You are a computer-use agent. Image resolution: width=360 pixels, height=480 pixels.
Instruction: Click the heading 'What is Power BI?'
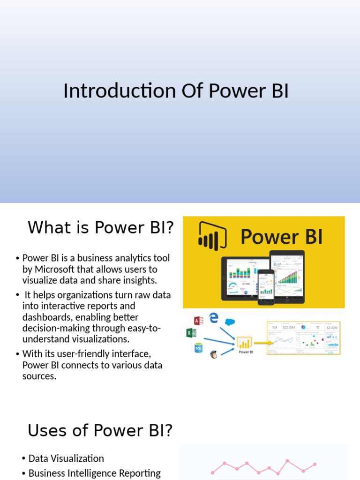click(x=100, y=228)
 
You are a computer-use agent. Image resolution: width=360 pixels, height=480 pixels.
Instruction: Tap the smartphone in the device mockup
click(x=266, y=286)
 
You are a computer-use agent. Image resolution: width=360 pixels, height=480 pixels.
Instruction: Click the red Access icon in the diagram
click(x=199, y=321)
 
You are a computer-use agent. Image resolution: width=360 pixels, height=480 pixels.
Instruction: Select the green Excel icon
click(x=191, y=333)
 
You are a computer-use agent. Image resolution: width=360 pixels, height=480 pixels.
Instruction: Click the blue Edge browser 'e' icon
click(x=214, y=318)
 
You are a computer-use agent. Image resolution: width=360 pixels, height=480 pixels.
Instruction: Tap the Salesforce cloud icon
click(x=230, y=322)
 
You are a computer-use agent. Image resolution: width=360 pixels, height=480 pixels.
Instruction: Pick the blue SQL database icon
click(x=199, y=348)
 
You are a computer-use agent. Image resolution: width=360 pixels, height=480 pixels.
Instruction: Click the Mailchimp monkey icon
click(x=214, y=354)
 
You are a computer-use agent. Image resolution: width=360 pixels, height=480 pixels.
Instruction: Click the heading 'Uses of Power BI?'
click(x=100, y=430)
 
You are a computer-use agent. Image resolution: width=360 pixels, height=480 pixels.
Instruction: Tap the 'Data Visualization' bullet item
click(x=66, y=458)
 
